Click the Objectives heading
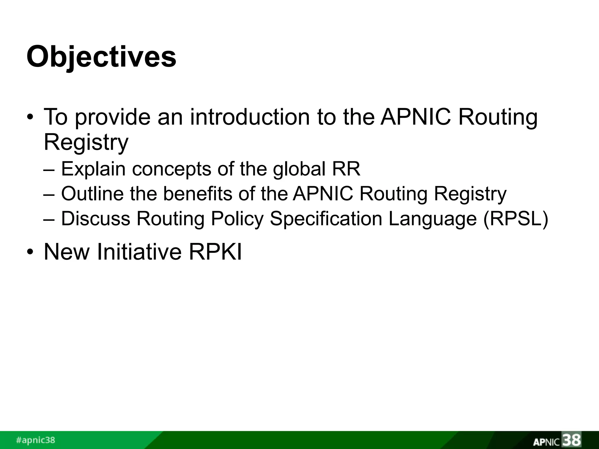101,56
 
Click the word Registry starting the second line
86,142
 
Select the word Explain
93,169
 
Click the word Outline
92,194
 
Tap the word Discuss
95,218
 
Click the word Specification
326,218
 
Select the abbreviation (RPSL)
515,218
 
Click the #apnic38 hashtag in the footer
35,440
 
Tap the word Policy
237,218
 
